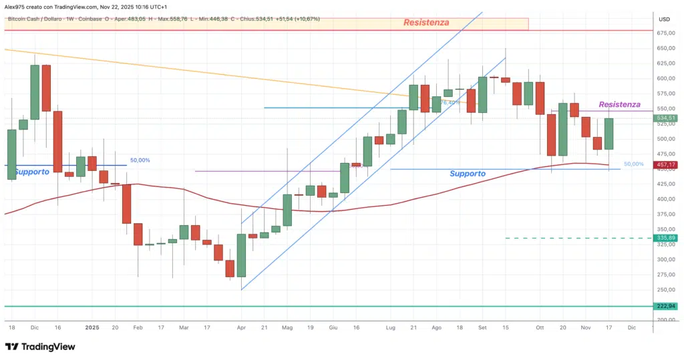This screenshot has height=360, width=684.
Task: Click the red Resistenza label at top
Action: (x=426, y=23)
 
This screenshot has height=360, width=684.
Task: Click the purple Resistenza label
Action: (x=619, y=105)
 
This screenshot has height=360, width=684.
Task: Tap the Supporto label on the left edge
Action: (x=31, y=172)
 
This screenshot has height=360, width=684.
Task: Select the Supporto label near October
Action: (x=468, y=174)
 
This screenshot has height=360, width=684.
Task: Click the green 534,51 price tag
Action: (x=666, y=118)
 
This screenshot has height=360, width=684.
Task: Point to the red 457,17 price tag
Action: (x=666, y=164)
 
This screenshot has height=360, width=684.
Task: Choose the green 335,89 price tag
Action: (x=666, y=238)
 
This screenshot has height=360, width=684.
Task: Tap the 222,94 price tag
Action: (x=666, y=306)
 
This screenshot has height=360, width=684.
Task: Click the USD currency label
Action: (x=663, y=19)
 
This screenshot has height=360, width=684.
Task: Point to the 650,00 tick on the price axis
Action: (x=665, y=49)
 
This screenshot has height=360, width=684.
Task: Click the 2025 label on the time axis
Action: (x=92, y=328)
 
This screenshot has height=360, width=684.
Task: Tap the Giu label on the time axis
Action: (x=333, y=328)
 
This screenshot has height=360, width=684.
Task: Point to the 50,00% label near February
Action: (x=140, y=160)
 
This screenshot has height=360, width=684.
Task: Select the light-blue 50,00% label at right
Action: (x=633, y=164)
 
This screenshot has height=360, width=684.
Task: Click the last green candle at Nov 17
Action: (x=609, y=134)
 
